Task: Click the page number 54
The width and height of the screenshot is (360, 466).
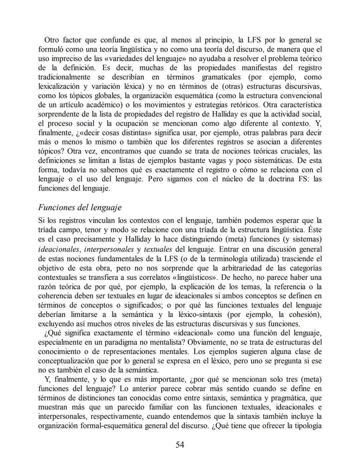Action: (x=180, y=445)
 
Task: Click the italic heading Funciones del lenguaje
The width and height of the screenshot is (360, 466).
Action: (x=80, y=207)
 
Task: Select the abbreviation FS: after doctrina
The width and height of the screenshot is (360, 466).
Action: (x=303, y=179)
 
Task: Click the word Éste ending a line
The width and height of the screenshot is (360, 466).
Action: (x=315, y=230)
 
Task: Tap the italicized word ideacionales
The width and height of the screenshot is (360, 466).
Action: (x=59, y=249)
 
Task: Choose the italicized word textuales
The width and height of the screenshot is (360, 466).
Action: (x=158, y=249)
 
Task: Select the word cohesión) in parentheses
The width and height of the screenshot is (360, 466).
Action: (x=306, y=315)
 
